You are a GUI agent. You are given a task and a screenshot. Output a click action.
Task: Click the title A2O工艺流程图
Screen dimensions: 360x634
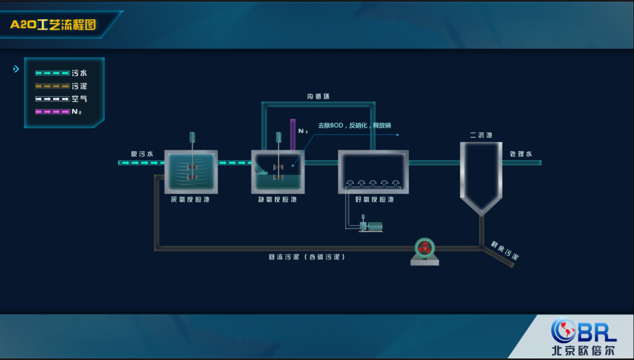point(53,24)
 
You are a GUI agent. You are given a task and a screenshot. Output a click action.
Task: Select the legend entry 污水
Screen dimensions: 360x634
point(79,73)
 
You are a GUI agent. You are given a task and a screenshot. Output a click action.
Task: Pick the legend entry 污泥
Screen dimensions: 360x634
point(79,86)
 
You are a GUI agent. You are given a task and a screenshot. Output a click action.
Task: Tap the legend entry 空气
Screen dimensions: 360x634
point(79,99)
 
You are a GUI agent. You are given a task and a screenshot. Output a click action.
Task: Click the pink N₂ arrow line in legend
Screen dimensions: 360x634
point(52,112)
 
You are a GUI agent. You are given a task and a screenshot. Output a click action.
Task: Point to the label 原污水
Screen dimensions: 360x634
point(142,154)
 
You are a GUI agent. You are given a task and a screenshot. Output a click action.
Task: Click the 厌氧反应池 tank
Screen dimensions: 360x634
point(191,172)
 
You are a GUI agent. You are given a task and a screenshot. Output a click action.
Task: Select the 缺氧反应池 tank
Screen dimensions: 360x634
point(278,172)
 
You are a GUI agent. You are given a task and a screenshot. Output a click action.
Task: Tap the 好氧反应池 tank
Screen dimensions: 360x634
point(374,172)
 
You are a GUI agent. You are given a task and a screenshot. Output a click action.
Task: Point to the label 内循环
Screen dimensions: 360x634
point(318,96)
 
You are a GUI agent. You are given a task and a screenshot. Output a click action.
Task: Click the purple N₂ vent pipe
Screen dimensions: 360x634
point(293,134)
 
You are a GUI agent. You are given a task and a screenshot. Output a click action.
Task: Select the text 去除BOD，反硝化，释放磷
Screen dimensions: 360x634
point(355,126)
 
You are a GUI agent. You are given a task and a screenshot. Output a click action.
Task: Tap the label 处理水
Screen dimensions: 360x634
point(521,154)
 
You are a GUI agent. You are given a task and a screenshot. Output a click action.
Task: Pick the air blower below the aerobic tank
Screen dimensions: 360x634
point(370,226)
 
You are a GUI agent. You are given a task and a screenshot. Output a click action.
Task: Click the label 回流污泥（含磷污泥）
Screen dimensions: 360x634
point(307,257)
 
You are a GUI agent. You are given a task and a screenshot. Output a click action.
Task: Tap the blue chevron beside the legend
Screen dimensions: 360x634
point(16,69)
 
